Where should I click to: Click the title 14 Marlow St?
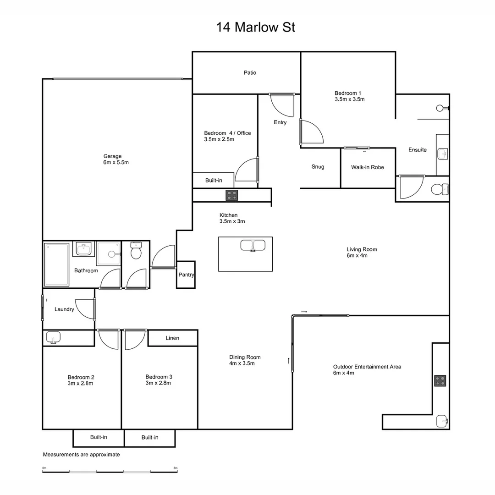(x=256, y=27)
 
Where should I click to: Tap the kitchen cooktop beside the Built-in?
(x=231, y=195)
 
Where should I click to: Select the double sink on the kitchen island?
(x=253, y=245)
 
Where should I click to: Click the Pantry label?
(x=187, y=275)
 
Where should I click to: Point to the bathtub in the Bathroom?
(x=57, y=264)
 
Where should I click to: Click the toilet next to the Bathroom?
(x=136, y=251)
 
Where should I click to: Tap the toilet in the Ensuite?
(x=439, y=189)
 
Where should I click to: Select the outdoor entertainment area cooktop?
(x=440, y=380)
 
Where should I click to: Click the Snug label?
(x=318, y=167)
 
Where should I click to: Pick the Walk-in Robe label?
(x=368, y=167)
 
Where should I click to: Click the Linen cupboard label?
(x=172, y=338)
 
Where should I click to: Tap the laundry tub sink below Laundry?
(x=53, y=338)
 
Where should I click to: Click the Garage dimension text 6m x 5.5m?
(x=116, y=163)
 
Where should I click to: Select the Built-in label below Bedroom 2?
(x=99, y=437)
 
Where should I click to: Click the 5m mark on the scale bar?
(x=176, y=468)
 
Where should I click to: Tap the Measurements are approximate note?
(x=81, y=455)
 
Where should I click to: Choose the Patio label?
(x=250, y=73)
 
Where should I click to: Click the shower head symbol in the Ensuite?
(x=440, y=108)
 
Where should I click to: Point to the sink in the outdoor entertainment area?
(x=441, y=420)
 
